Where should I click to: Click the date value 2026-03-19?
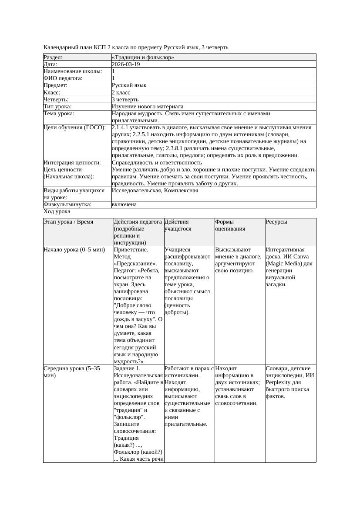126,64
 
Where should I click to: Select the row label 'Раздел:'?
53,57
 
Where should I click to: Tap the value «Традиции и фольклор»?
143,57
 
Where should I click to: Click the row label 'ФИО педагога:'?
63,78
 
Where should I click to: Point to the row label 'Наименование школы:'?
73,71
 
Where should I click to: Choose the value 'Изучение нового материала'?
148,107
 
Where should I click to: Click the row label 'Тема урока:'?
59,114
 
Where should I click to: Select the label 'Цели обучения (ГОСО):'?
75,128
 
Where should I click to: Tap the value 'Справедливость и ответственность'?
157,163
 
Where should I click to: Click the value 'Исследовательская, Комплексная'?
155,191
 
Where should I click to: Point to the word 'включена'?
124,204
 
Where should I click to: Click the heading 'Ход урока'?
57,211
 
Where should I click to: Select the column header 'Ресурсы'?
276,222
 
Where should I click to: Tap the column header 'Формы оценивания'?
230,225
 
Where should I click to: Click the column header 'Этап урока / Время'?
68,222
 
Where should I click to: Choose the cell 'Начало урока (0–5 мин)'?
74,250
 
